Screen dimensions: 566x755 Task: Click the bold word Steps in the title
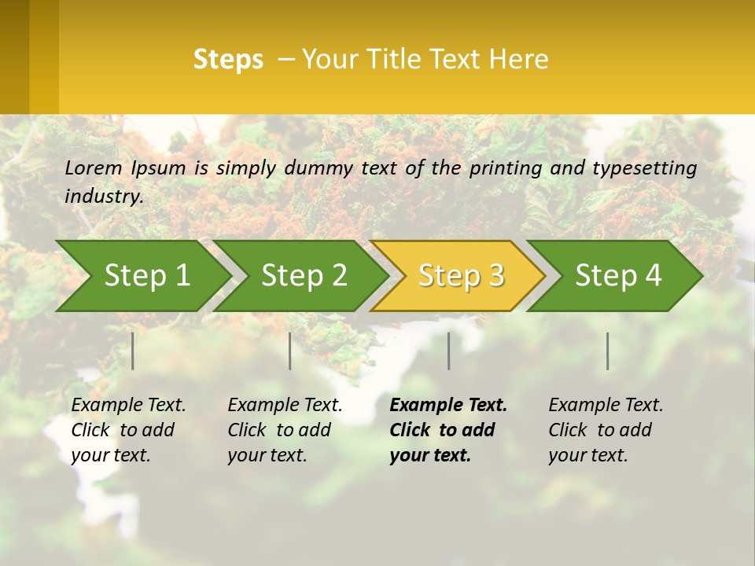pos(228,60)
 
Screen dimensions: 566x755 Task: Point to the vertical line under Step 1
pos(133,351)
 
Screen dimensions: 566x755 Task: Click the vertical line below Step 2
pos(290,351)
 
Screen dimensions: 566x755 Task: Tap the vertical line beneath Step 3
pos(449,351)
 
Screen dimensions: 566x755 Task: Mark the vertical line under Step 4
pos(608,351)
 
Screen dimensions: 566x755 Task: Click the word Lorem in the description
pos(94,168)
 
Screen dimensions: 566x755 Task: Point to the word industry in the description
pos(104,197)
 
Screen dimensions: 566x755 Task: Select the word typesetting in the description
pos(644,168)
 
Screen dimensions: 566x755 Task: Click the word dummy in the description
pos(320,168)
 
